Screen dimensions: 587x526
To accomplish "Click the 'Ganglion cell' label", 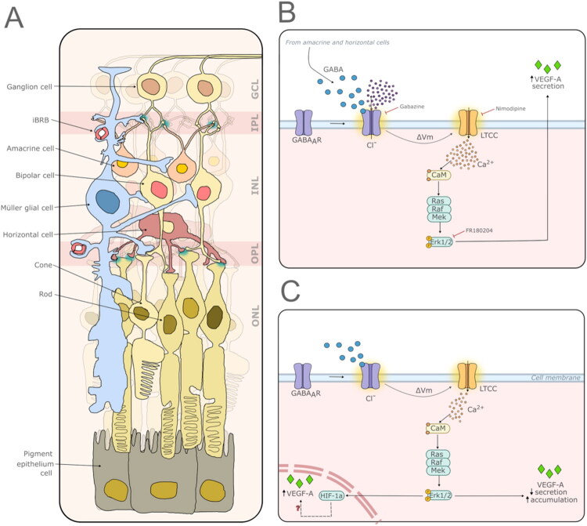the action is [x=29, y=87].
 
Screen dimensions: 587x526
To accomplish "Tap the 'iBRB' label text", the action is [x=40, y=121].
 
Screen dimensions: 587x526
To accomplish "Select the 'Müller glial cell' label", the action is [x=27, y=208].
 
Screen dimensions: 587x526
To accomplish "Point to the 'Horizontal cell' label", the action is [x=28, y=234].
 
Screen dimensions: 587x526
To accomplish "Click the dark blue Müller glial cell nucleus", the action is [x=108, y=201].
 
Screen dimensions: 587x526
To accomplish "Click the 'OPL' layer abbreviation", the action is [x=255, y=253].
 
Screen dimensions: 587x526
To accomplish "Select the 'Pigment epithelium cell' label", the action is [x=35, y=463].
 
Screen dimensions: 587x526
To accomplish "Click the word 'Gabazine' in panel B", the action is [x=412, y=107].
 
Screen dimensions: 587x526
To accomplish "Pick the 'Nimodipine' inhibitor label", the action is [x=510, y=109].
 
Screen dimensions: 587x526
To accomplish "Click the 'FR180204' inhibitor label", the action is [x=479, y=230].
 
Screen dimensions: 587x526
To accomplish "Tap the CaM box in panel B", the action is [x=439, y=175].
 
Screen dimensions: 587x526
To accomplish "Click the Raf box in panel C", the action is [x=437, y=463].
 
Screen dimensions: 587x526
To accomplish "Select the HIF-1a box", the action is [x=332, y=496].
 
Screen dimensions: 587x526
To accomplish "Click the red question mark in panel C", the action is [x=298, y=509].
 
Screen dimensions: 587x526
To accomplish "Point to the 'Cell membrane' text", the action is [x=556, y=378].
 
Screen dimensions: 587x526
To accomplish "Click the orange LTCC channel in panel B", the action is [x=468, y=122].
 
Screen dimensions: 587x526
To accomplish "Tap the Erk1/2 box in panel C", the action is [x=440, y=495].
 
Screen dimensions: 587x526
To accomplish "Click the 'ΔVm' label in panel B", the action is [x=424, y=137].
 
